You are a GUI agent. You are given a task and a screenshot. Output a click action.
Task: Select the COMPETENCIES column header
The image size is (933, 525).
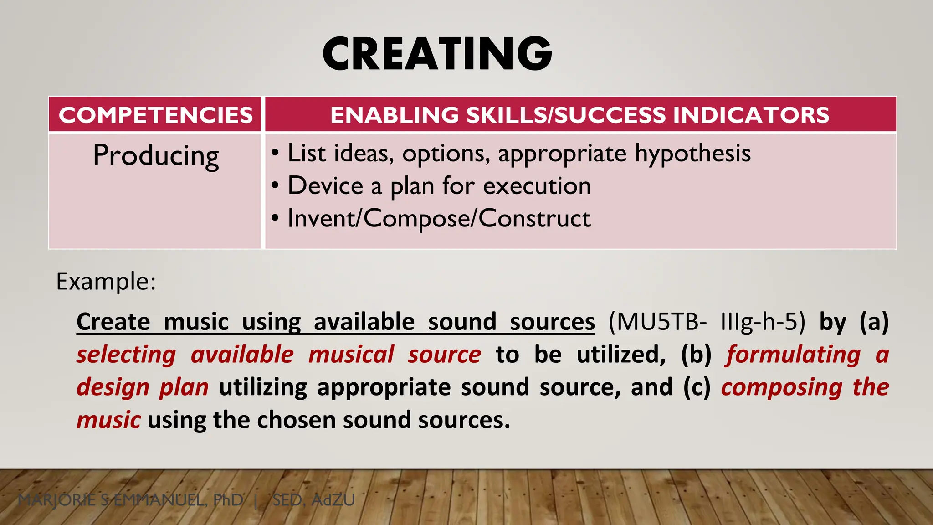pos(155,115)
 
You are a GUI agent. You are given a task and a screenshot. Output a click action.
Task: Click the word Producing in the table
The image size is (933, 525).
pos(156,156)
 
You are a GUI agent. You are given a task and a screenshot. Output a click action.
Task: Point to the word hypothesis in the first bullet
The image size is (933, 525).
pos(692,154)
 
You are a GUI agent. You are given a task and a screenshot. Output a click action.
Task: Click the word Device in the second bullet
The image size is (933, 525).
pos(325,186)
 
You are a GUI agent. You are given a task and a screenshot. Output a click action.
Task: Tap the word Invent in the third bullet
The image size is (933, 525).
pos(322,218)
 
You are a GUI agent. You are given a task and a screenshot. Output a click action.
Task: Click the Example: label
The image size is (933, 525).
pos(106,281)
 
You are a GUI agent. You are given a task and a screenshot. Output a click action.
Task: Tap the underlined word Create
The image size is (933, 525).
pos(113,322)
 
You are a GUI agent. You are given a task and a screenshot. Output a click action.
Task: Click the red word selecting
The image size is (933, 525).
pos(126,355)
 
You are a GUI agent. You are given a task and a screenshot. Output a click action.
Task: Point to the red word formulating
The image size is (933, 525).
pos(793,355)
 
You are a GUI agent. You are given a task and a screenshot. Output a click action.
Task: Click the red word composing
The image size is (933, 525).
pos(782,387)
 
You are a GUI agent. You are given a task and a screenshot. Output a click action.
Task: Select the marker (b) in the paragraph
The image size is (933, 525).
pos(696,355)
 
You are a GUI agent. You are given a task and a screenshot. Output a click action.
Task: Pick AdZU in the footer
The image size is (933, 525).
pos(333,500)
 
